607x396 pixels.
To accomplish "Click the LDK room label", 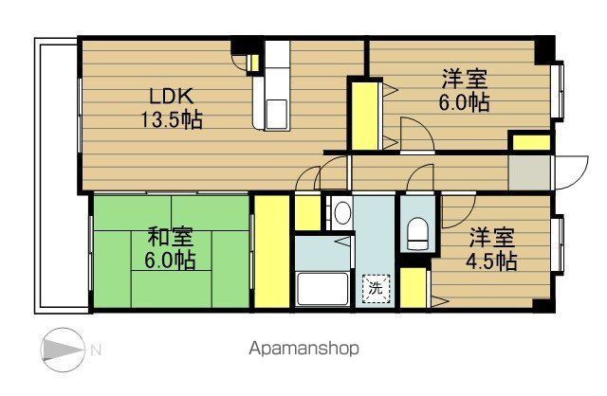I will pos(171,96).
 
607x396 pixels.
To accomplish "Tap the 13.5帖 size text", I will pos(171,120).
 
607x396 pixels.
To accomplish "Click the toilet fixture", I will pos(417,233).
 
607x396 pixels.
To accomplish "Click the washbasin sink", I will pos(343,212).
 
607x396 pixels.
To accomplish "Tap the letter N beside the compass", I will pos(96,349).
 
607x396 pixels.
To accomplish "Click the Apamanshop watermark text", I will pos(303,348).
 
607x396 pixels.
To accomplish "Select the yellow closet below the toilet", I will pos(412,289).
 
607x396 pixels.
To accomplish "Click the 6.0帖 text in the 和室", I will pos(171,261).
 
